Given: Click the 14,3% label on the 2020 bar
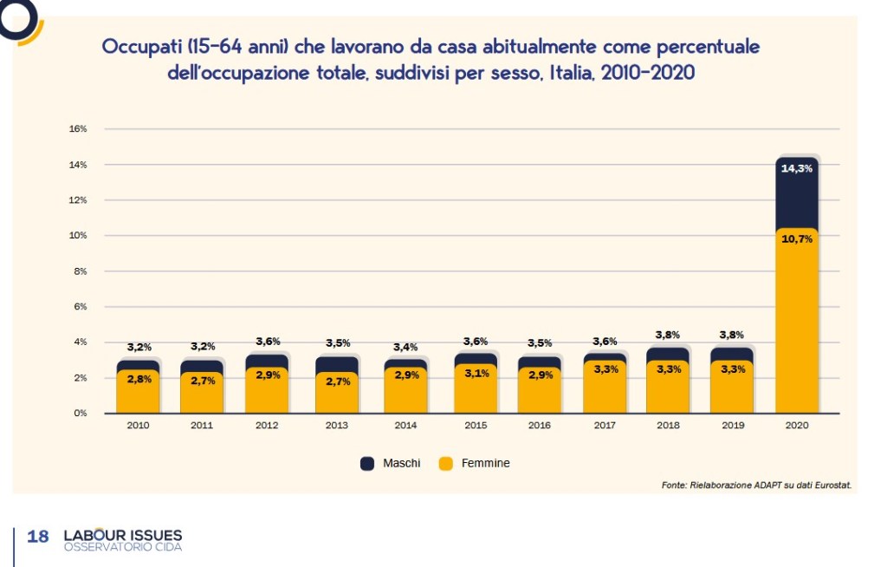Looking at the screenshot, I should [x=797, y=169].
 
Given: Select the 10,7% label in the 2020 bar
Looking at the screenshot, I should [x=797, y=238].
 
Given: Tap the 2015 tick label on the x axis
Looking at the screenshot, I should [x=476, y=426].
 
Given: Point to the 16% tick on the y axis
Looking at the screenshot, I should [x=78, y=129].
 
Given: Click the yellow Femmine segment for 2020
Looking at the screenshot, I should [x=797, y=329].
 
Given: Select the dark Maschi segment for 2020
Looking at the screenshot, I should [x=797, y=199].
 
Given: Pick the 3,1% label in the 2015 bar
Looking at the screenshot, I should [x=476, y=374].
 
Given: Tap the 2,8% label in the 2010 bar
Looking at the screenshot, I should [x=139, y=379].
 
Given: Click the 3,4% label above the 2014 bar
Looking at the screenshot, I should [x=405, y=347].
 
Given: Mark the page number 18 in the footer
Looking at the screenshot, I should [x=38, y=537].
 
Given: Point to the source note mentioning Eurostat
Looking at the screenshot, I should [x=756, y=486].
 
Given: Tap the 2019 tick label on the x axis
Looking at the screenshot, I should [x=732, y=426].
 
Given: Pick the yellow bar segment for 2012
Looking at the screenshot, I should [x=267, y=390].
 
